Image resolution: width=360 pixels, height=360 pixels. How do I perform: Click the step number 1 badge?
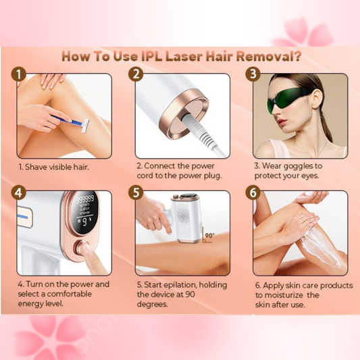20,74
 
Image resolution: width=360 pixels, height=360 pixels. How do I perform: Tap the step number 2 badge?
137,74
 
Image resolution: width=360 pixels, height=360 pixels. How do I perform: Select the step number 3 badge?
254,74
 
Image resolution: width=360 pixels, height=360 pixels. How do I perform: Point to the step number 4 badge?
20,192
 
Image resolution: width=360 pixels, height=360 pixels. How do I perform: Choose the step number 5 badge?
137,192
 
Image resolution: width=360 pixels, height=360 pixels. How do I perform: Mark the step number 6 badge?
254,192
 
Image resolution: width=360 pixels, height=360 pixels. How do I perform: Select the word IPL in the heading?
137,55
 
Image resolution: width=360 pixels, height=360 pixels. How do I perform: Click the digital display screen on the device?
84,210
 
